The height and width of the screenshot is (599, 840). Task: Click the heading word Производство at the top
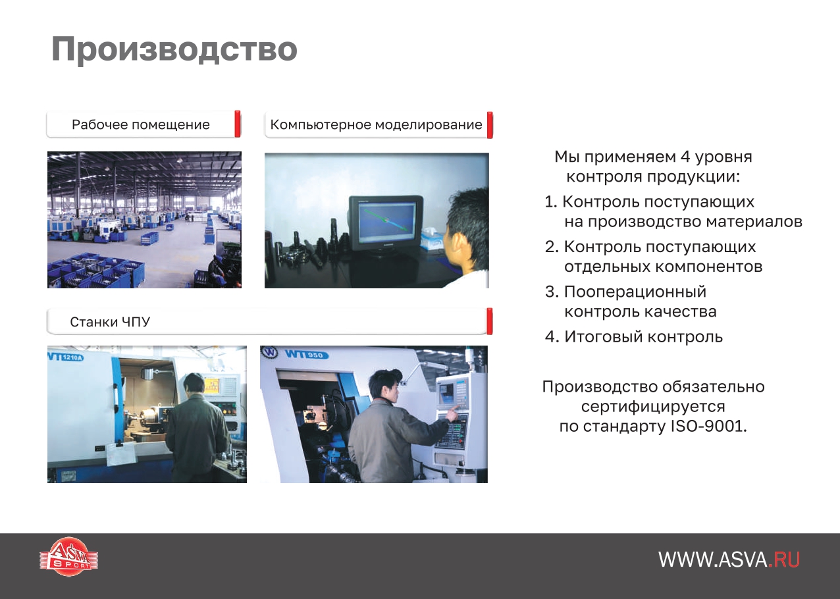coord(174,49)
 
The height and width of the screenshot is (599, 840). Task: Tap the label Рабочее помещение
coord(141,124)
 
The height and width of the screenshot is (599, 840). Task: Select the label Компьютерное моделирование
coord(376,124)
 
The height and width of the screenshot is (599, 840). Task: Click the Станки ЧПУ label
coord(110,322)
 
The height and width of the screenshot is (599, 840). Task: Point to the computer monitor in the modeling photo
coord(386,224)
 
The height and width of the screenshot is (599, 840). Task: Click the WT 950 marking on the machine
coord(306,354)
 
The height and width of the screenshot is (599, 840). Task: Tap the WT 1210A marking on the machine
coord(66,357)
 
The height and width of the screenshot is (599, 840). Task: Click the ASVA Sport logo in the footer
coord(68,556)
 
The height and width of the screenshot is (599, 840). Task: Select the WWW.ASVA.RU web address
coord(729,560)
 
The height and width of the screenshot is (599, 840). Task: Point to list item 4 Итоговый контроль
coord(634,336)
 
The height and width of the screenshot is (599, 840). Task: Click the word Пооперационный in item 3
coord(635,292)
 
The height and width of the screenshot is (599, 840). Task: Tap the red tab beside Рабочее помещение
coord(238,124)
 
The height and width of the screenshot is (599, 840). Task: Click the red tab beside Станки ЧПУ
coord(489,321)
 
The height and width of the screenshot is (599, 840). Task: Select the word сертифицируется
coord(653,407)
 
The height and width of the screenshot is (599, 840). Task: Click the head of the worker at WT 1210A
coord(194,384)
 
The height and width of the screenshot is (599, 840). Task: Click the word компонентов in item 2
coord(709,267)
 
